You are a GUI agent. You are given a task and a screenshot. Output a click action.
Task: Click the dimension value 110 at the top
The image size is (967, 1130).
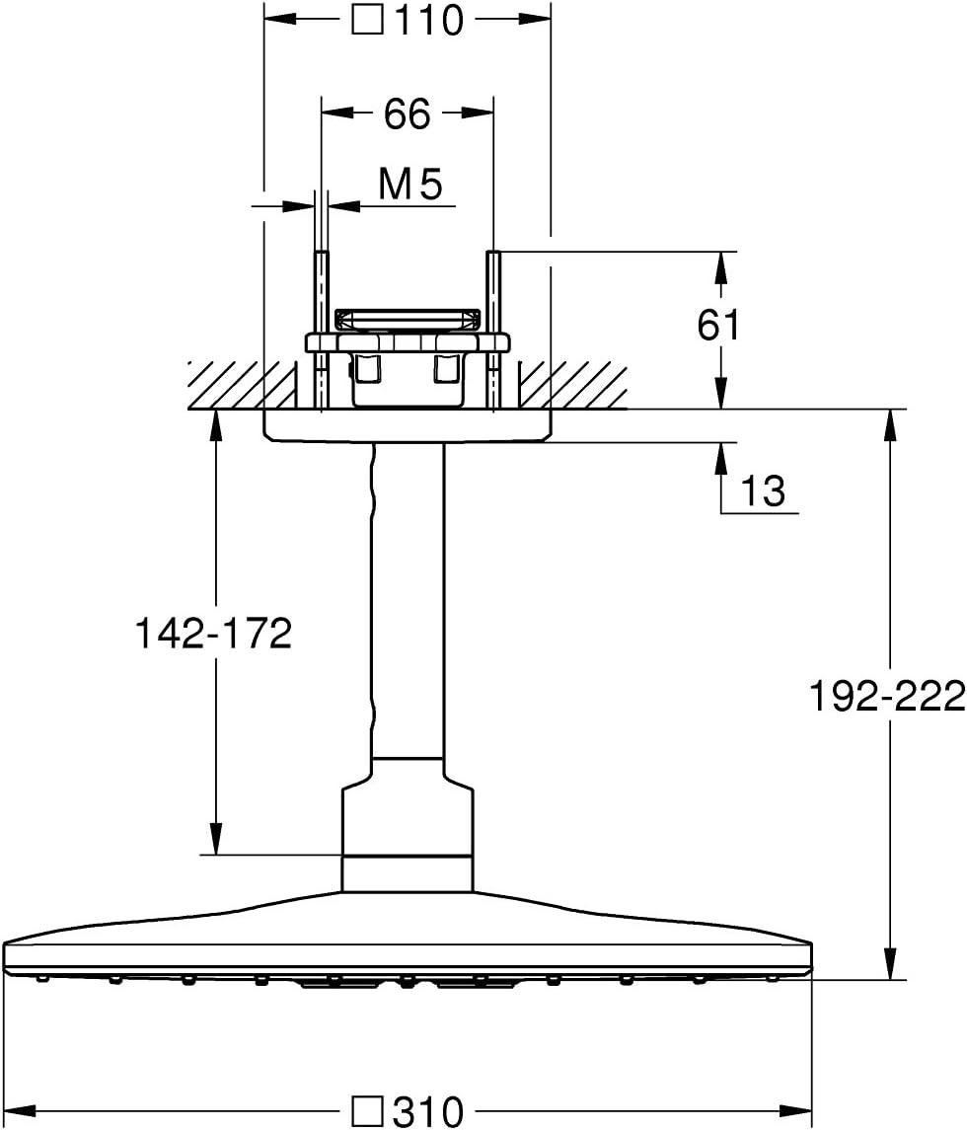(x=427, y=19)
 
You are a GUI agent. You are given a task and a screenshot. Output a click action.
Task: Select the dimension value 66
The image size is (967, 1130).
(x=408, y=114)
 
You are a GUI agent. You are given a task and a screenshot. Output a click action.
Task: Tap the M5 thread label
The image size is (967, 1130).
(x=410, y=185)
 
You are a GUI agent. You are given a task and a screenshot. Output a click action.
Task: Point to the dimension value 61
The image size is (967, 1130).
(x=718, y=325)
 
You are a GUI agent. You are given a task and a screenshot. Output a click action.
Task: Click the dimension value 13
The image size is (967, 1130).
(x=762, y=490)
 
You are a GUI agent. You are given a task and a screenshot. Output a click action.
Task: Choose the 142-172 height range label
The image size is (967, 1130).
(x=214, y=634)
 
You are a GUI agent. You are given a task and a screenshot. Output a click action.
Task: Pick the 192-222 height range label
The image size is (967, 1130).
(x=886, y=697)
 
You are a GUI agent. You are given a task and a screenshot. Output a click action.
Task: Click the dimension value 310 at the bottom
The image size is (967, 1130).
(x=427, y=1113)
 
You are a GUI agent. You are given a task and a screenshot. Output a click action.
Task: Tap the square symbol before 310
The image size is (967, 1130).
(x=369, y=1113)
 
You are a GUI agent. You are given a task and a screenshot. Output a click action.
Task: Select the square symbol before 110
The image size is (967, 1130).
(x=367, y=19)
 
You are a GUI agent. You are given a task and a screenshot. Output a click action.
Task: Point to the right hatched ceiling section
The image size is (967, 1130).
(x=572, y=385)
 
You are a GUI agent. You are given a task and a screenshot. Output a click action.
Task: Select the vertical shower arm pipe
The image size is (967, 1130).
(x=409, y=592)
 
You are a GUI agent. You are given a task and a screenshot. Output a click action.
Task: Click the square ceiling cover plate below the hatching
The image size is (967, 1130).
(x=408, y=426)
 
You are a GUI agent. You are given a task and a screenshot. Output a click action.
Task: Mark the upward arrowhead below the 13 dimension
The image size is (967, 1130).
(x=721, y=456)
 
